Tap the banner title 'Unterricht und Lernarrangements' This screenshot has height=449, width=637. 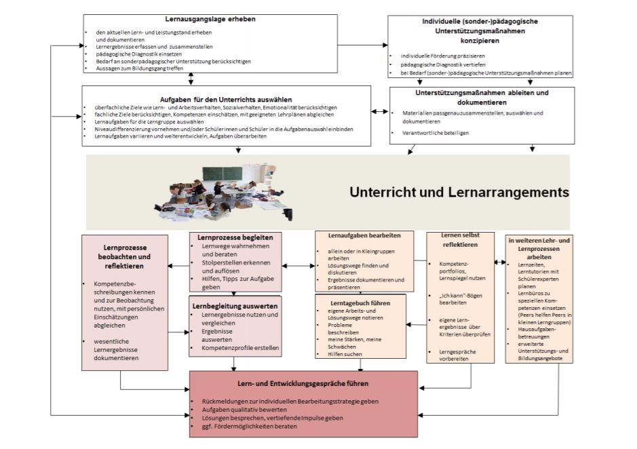pyautogui.click(x=459, y=193)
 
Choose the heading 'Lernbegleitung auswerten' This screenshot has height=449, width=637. pyautogui.click(x=234, y=307)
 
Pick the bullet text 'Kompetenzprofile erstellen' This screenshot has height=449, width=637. pyautogui.click(x=240, y=348)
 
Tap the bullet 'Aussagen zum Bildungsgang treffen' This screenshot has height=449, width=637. pyautogui.click(x=140, y=69)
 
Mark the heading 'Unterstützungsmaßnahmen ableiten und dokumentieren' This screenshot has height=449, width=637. pyautogui.click(x=481, y=96)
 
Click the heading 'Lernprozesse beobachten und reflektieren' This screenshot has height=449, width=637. pyautogui.click(x=126, y=256)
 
